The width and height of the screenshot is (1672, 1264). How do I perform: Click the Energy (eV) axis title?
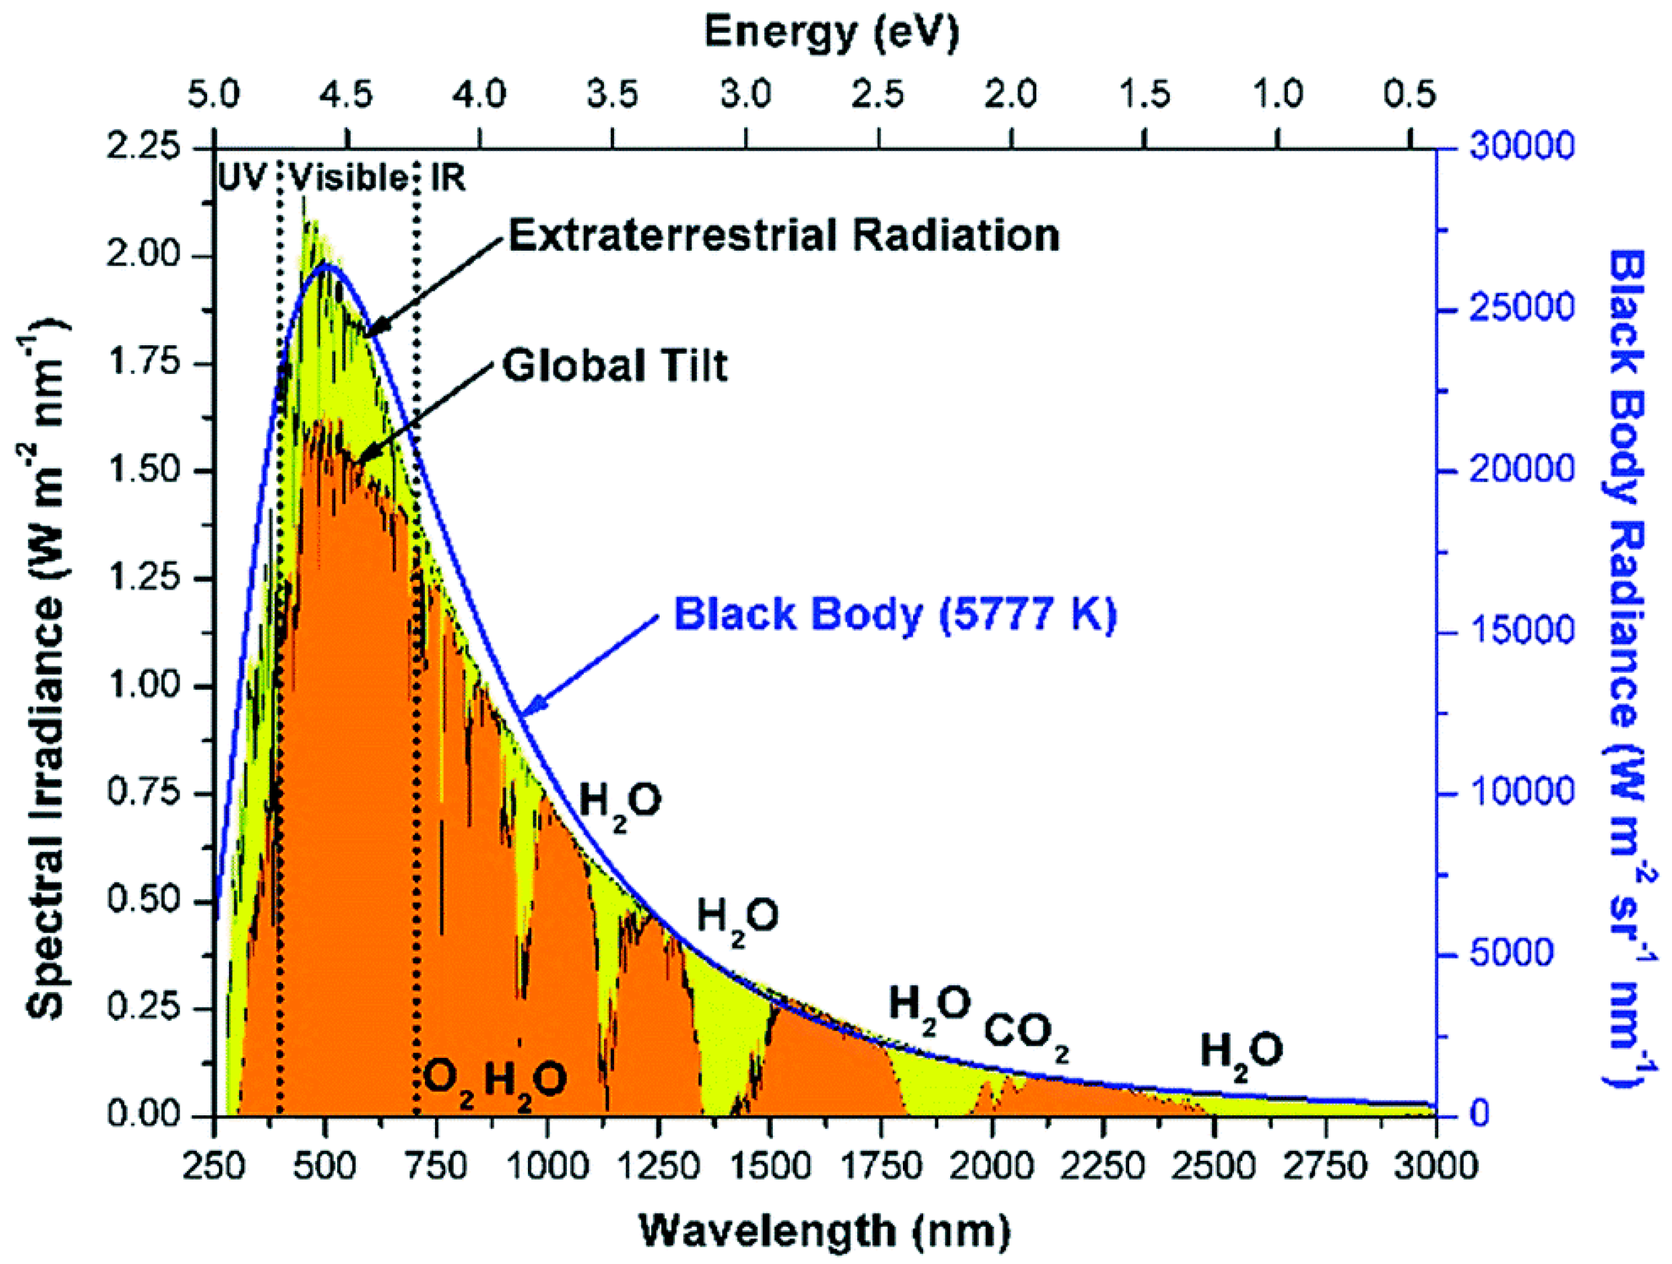click(x=831, y=32)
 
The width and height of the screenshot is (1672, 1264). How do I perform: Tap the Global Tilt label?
click(x=614, y=366)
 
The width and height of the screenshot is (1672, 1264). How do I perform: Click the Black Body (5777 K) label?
click(x=894, y=614)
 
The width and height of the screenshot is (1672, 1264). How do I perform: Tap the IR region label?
click(x=448, y=178)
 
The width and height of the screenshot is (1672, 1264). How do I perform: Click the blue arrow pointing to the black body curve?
click(x=590, y=665)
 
